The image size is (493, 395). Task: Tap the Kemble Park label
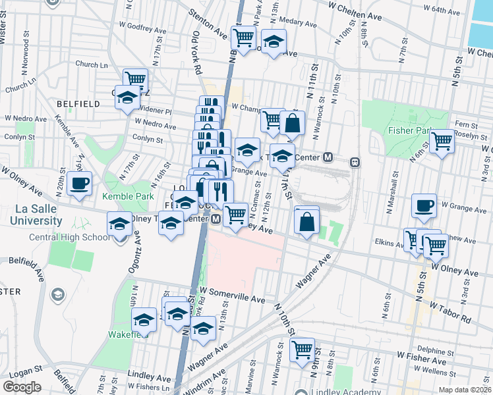point(128,196)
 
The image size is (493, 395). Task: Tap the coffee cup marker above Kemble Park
point(79,184)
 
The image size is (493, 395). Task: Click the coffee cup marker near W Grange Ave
point(424,205)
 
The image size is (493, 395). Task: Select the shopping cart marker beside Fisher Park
point(442,140)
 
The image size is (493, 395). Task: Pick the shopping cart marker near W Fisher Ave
point(302,350)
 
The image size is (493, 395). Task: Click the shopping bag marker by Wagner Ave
point(307,221)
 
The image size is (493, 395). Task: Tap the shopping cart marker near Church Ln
point(135,80)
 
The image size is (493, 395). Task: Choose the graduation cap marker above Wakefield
point(143,321)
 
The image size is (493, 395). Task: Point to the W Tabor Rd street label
point(451,311)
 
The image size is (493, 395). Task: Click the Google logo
point(22,386)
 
